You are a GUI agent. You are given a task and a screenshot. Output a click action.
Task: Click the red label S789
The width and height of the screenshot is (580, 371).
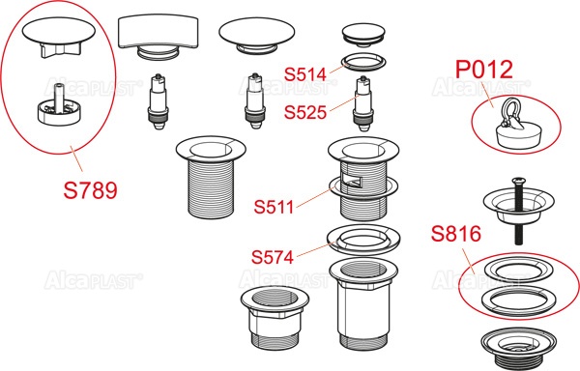90,190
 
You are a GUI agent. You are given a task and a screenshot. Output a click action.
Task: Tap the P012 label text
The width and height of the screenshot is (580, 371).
484,70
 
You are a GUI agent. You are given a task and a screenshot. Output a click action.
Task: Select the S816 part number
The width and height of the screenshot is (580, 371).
456,234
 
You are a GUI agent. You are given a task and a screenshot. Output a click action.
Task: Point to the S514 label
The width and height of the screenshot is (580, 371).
305,74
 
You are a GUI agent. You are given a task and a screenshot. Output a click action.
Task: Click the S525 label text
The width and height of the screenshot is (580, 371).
305,112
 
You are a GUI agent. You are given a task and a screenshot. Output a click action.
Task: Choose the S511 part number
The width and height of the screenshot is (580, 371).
274,207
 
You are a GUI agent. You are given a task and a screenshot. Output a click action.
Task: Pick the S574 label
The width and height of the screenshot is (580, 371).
273,257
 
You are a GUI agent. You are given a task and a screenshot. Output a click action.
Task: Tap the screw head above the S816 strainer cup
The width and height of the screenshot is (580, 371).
517,182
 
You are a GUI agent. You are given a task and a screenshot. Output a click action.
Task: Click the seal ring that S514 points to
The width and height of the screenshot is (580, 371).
363,62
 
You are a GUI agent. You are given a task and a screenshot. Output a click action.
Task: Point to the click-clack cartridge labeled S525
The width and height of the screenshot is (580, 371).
362,103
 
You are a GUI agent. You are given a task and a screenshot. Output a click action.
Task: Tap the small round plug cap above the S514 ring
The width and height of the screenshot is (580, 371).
363,35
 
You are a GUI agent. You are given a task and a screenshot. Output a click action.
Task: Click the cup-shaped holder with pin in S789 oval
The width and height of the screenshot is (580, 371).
59,107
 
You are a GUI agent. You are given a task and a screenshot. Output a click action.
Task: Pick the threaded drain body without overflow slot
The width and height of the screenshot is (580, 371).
211,177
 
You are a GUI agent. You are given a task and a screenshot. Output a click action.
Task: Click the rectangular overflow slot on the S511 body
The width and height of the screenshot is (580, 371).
352,180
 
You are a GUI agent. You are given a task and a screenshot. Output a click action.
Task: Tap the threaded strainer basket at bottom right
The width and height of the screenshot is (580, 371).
518,347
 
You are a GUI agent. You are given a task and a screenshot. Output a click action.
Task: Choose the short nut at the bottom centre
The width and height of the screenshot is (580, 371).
275,318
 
